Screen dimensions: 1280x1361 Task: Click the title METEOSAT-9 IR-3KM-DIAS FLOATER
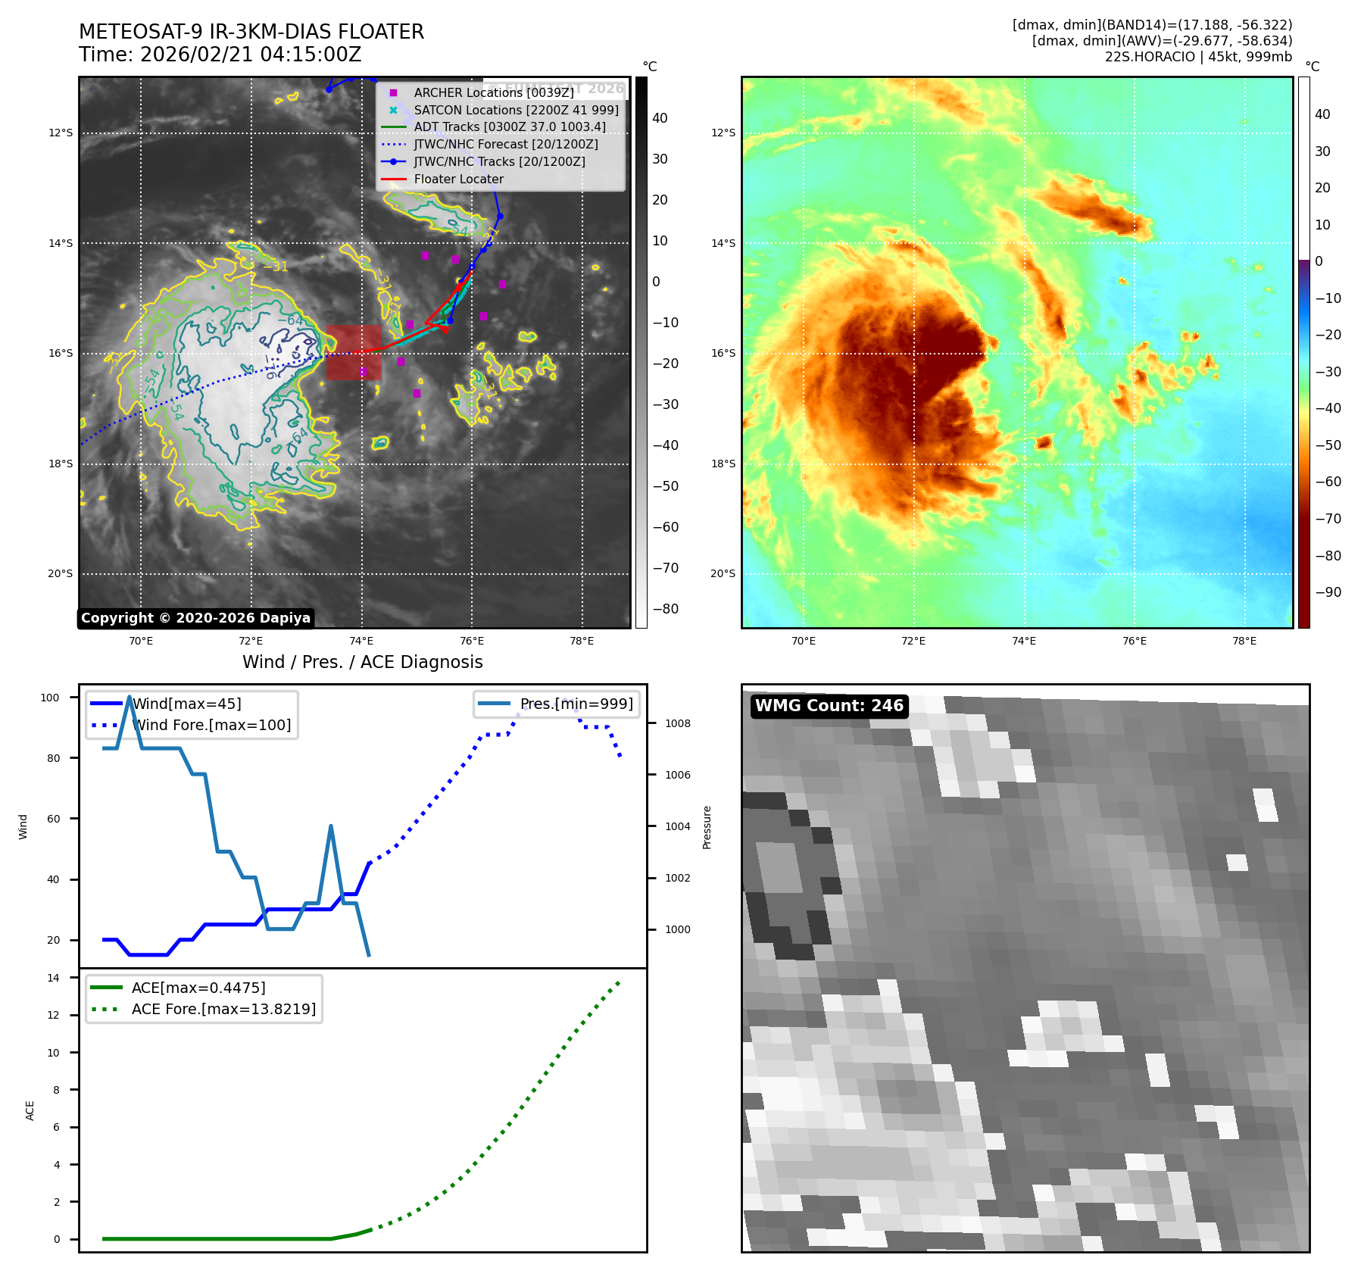251,32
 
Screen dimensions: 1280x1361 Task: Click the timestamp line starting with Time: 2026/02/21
220,55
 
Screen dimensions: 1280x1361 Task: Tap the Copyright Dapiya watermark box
195,618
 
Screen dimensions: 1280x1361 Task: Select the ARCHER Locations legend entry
493,92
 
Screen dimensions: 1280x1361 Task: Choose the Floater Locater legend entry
458,180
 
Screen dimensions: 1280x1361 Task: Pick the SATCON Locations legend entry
516,110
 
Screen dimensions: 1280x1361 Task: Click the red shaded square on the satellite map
354,352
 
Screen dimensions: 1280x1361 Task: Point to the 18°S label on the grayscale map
61,464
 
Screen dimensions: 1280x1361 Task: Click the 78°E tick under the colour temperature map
1244,641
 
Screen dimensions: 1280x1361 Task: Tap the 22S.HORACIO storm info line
1198,57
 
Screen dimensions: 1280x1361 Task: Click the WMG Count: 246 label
829,706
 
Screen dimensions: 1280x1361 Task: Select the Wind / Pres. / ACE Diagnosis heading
362,662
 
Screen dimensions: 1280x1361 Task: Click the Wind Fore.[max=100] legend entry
211,725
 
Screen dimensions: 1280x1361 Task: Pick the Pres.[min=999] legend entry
576,704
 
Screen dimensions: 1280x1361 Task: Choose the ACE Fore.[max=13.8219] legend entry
223,1009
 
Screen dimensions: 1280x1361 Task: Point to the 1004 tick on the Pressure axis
677,826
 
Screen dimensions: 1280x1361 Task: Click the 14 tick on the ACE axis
54,978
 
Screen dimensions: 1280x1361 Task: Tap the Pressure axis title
707,827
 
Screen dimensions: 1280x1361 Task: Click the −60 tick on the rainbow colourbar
1328,482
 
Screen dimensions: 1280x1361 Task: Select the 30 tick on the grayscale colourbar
660,159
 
